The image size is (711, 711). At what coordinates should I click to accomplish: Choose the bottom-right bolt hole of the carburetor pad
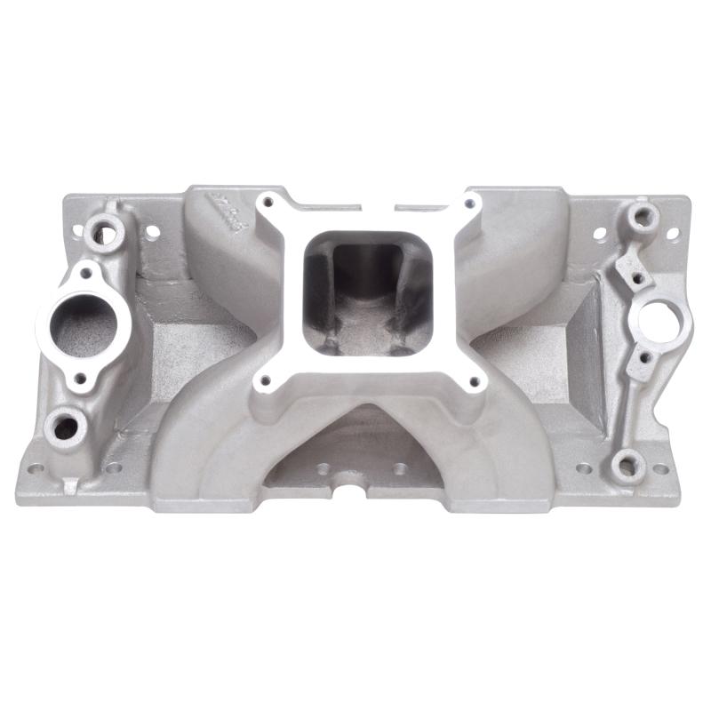(x=474, y=383)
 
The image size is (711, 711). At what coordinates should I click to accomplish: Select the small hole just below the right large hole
(x=646, y=357)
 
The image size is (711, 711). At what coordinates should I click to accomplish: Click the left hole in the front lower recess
(x=323, y=467)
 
